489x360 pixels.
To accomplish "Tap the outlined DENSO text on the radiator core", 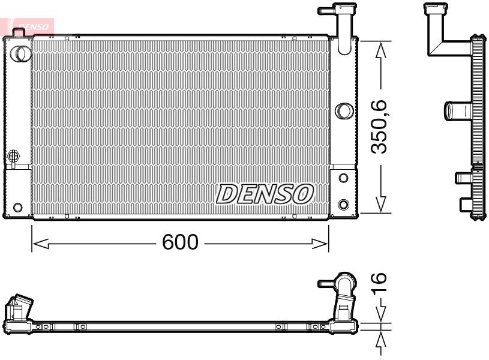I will (265, 193).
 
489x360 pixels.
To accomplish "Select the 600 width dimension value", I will (180, 242).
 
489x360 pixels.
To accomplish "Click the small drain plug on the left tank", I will (13, 157).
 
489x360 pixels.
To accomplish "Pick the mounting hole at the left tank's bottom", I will (18, 208).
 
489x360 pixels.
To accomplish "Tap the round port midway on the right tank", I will (343, 110).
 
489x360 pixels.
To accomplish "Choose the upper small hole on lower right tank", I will (343, 178).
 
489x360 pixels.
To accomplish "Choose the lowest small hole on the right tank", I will (343, 204).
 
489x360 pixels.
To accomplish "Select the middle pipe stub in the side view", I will (457, 111).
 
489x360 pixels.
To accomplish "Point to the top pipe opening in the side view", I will (435, 8).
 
